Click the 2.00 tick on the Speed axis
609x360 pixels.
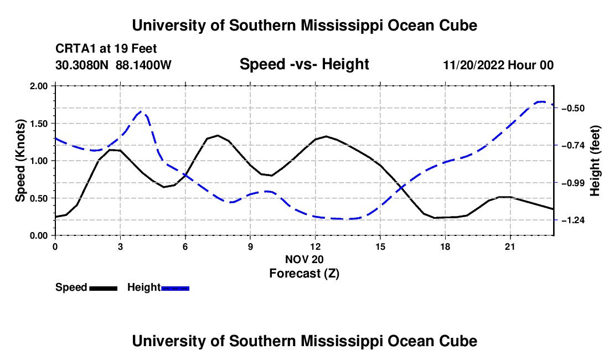38,86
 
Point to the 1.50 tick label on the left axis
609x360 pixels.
38,124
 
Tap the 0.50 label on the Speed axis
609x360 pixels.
38,198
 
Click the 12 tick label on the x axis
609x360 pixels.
316,246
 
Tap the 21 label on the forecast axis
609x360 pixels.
510,246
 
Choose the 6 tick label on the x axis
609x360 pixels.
185,246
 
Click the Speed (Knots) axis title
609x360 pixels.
20,161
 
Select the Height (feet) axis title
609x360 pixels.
595,161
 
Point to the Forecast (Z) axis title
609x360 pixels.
304,274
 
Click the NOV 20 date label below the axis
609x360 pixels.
304,259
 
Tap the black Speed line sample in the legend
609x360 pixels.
103,288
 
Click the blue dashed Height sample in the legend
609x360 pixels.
175,288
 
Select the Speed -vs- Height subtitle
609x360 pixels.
304,64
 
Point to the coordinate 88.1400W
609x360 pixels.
143,65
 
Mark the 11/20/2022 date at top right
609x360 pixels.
474,65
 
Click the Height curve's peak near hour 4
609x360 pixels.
141,111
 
